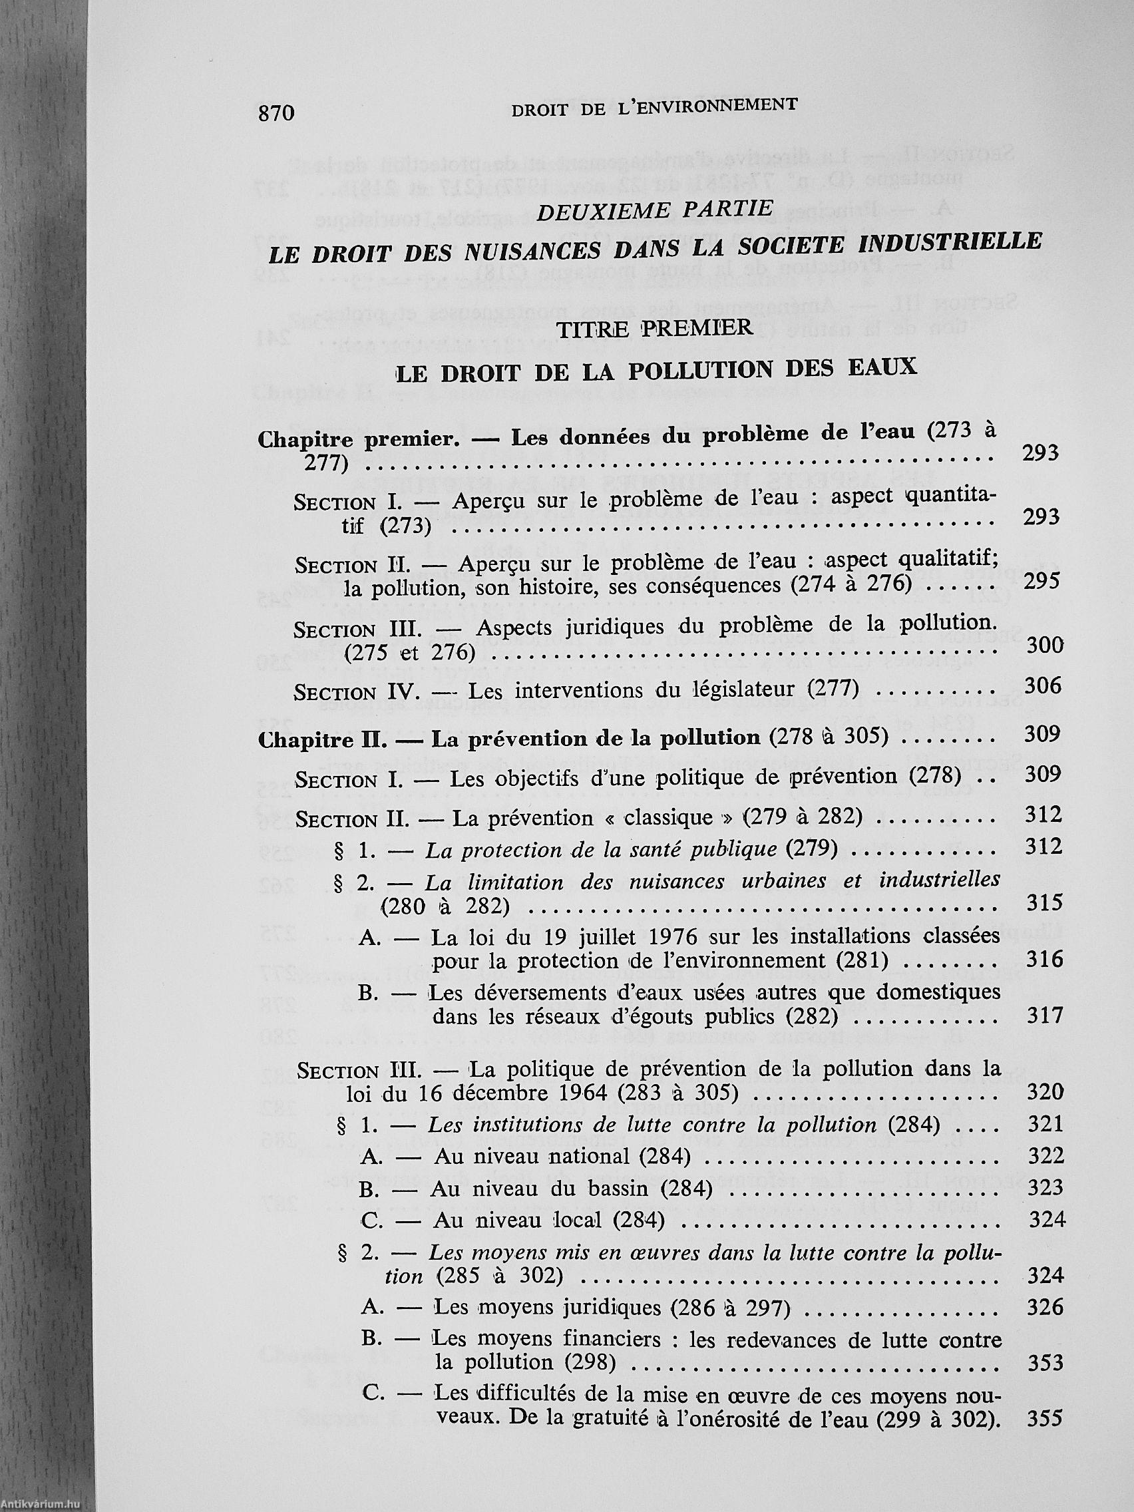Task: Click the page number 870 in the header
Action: pyautogui.click(x=276, y=112)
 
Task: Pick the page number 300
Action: pyautogui.click(x=1045, y=645)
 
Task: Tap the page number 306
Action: pyautogui.click(x=1043, y=685)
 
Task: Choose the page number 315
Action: pyautogui.click(x=1044, y=903)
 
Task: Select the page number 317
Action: pyautogui.click(x=1045, y=1015)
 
